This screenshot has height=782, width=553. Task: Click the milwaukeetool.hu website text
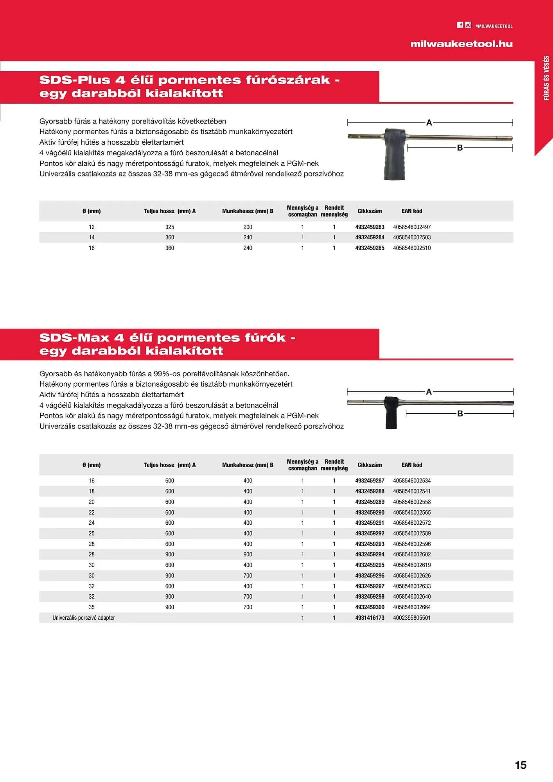461,44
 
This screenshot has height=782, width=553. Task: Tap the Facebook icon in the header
460,25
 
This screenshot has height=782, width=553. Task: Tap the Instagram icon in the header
468,25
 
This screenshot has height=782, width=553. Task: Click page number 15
521,765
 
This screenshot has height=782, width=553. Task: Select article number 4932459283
370,227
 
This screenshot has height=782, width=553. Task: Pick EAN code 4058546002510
412,248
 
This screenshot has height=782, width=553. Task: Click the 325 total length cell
170,227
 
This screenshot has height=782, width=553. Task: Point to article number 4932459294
370,554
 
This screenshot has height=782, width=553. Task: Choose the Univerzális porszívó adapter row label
84,618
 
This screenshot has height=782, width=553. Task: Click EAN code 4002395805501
412,618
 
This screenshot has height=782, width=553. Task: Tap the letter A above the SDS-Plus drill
429,123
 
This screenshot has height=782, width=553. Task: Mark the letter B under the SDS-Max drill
460,414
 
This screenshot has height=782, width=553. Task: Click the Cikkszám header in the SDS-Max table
370,465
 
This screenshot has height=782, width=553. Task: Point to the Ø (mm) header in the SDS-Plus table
92,211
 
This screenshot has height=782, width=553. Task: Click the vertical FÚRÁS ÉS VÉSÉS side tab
546,78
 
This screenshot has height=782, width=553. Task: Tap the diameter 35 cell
92,607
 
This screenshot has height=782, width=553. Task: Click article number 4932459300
370,607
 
